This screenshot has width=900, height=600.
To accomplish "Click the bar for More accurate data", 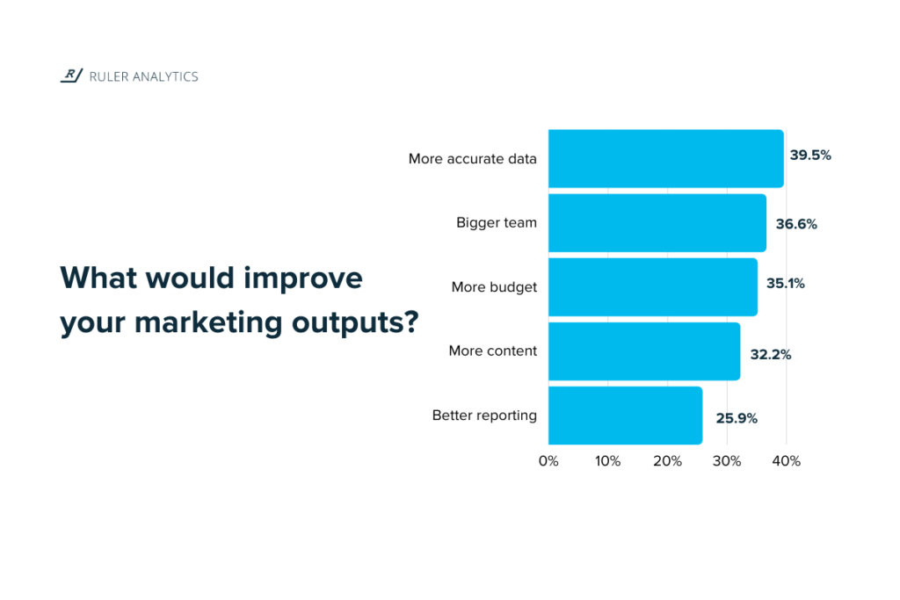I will (665, 158).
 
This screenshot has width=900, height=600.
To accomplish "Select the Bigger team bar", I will (657, 223).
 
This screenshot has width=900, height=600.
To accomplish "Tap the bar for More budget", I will (652, 286).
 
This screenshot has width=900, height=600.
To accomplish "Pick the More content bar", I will (643, 351).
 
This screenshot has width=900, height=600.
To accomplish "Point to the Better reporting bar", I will (625, 416).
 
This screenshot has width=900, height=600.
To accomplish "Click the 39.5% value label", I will (810, 155).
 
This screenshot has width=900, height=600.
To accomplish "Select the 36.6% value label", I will (796, 224).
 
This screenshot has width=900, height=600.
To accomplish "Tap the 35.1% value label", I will (786, 284).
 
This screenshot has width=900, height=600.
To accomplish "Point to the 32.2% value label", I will (770, 355).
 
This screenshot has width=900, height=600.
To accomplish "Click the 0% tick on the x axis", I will (548, 460).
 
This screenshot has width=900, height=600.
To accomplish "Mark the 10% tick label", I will (607, 460).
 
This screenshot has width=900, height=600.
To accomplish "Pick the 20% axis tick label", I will (667, 460).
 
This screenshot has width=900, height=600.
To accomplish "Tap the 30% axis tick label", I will (727, 460).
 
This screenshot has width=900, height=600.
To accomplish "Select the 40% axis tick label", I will (786, 460).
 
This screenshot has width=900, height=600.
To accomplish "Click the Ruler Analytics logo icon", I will (71, 76).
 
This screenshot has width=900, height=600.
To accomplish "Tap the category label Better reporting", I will (484, 416).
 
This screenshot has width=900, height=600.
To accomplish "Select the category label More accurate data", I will (473, 159).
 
